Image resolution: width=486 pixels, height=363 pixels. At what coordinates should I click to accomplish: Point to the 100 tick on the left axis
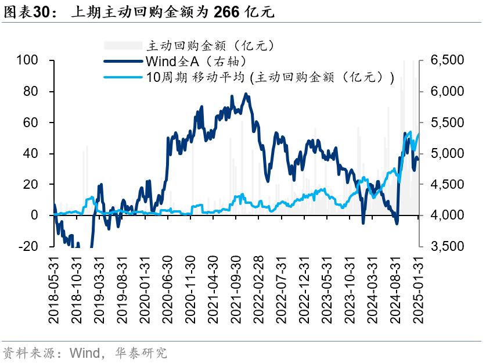(x=27, y=60)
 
